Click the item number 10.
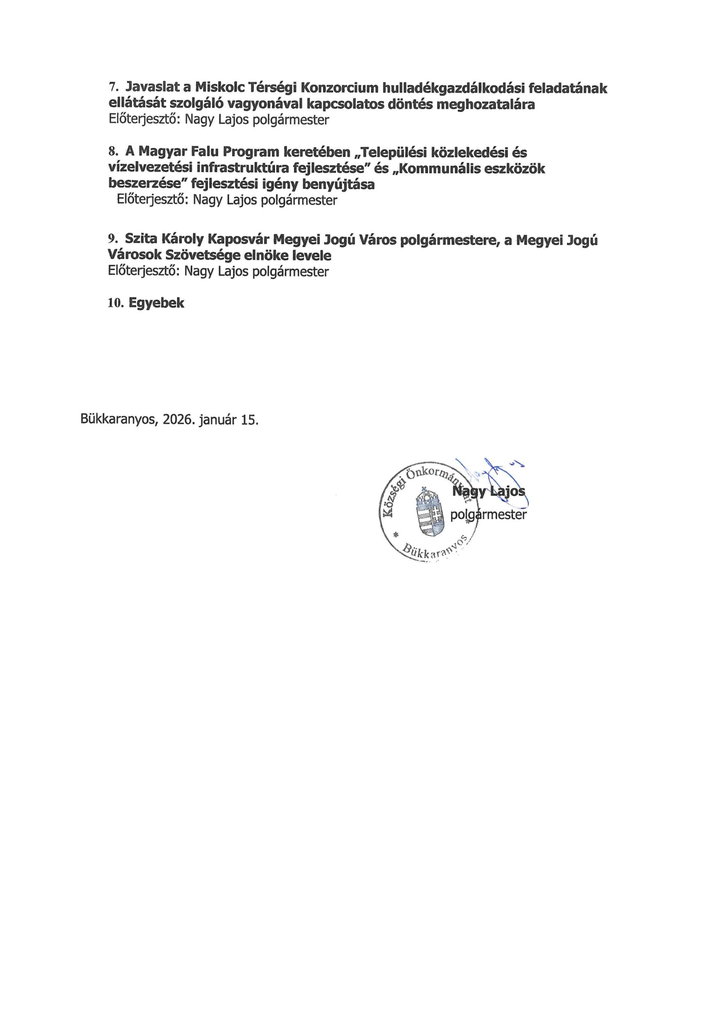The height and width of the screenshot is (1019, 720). point(115,303)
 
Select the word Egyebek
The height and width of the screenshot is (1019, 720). point(156,303)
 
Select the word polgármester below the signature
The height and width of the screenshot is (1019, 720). point(488,514)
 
